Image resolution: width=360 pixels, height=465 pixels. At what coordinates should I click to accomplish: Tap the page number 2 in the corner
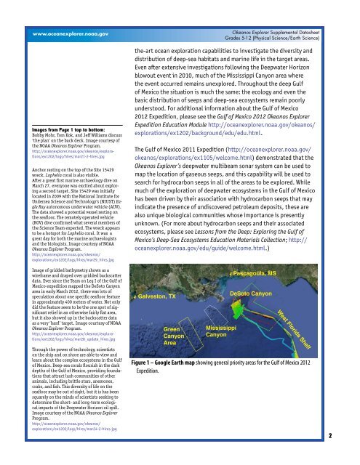[350, 456]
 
